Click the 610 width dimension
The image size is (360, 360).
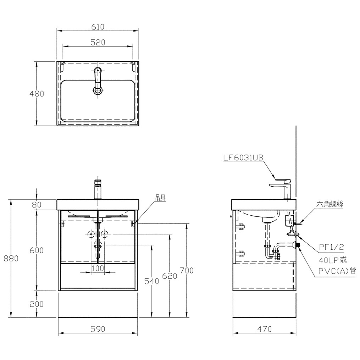coord(98,27)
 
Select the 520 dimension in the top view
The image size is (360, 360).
coord(98,43)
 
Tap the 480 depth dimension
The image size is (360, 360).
coord(37,94)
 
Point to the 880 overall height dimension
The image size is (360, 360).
coord(11,259)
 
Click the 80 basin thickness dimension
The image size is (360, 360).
coord(37,205)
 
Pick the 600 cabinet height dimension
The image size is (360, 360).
coord(37,250)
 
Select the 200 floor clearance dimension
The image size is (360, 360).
coord(37,304)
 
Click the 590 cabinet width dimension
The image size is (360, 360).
coord(98,329)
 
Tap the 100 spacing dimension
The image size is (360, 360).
coord(98,268)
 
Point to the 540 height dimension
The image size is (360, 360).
coord(151,281)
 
